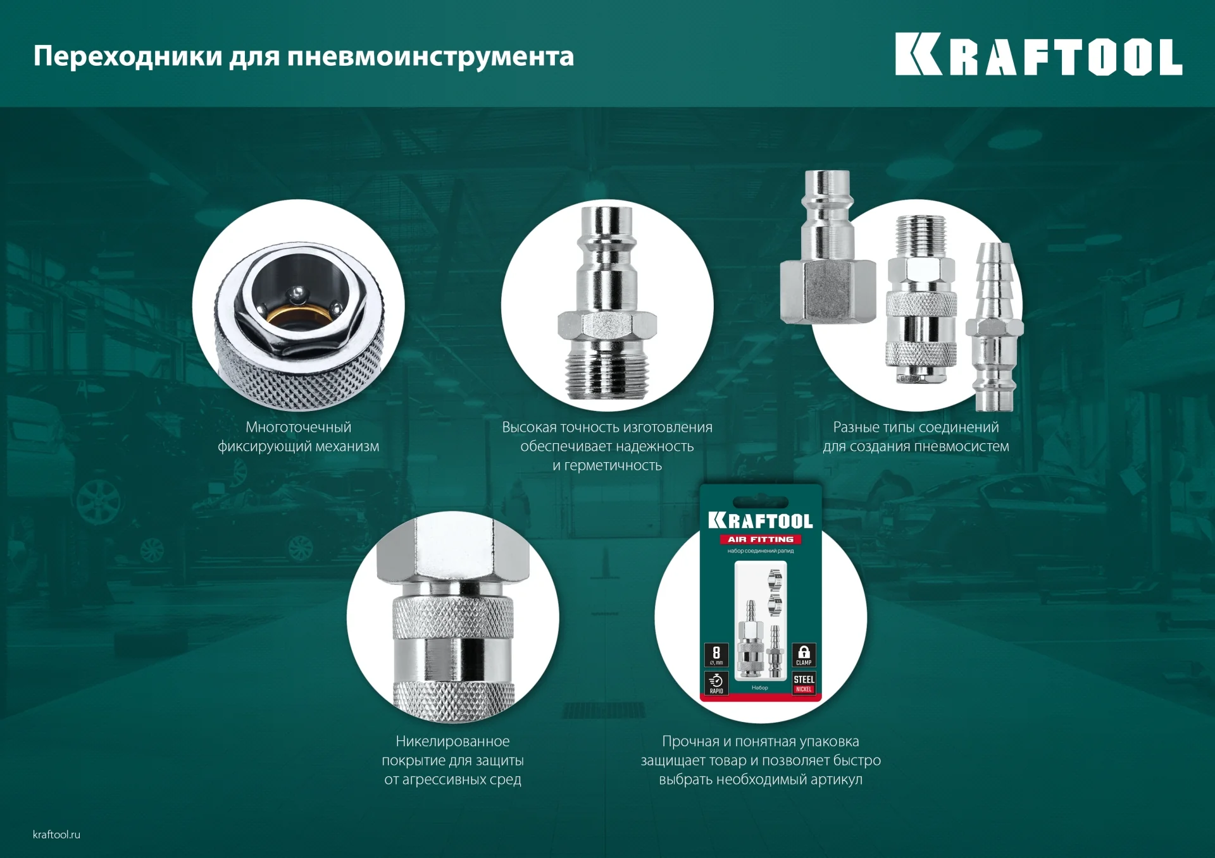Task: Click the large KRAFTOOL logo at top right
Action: pos(1038,56)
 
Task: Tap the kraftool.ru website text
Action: pos(56,834)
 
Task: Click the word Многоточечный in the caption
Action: pos(298,427)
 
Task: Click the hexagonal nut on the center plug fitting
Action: pos(607,325)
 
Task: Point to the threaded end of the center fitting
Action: pos(607,373)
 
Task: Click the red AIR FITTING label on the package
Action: pos(760,539)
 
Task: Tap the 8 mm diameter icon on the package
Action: pos(716,655)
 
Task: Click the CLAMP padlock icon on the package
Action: pos(804,655)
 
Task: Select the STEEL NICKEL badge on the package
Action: pos(804,683)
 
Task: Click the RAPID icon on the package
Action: pos(716,683)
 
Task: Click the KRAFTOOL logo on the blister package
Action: pos(760,520)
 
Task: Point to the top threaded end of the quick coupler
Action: pos(921,233)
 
